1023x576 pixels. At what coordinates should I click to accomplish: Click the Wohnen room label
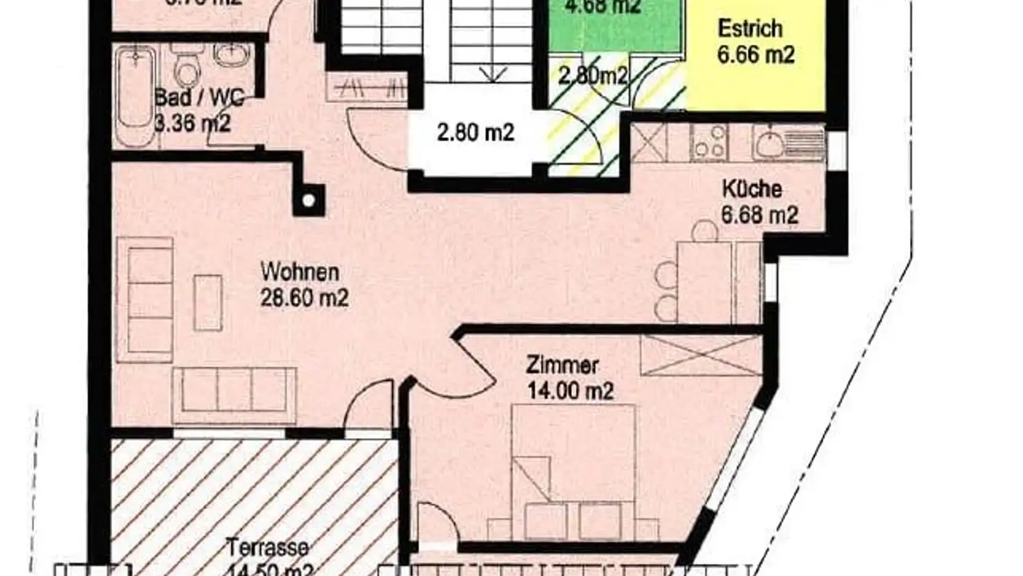(300, 272)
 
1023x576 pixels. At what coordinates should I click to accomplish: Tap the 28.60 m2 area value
(305, 298)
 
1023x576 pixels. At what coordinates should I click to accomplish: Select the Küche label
(752, 189)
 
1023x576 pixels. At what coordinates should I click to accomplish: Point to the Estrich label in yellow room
(749, 29)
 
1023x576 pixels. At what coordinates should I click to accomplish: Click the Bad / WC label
(200, 98)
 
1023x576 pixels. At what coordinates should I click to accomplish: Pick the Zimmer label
(562, 366)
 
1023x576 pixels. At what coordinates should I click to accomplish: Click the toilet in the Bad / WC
(187, 68)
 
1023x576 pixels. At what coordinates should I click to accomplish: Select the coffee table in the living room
(208, 302)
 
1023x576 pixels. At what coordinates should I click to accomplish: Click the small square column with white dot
(308, 201)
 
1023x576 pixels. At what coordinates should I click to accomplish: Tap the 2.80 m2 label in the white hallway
(475, 133)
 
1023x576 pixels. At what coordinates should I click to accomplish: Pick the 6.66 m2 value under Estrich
(755, 55)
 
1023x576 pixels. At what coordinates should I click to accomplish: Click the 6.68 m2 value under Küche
(760, 214)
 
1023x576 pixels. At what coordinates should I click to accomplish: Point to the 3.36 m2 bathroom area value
(193, 123)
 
